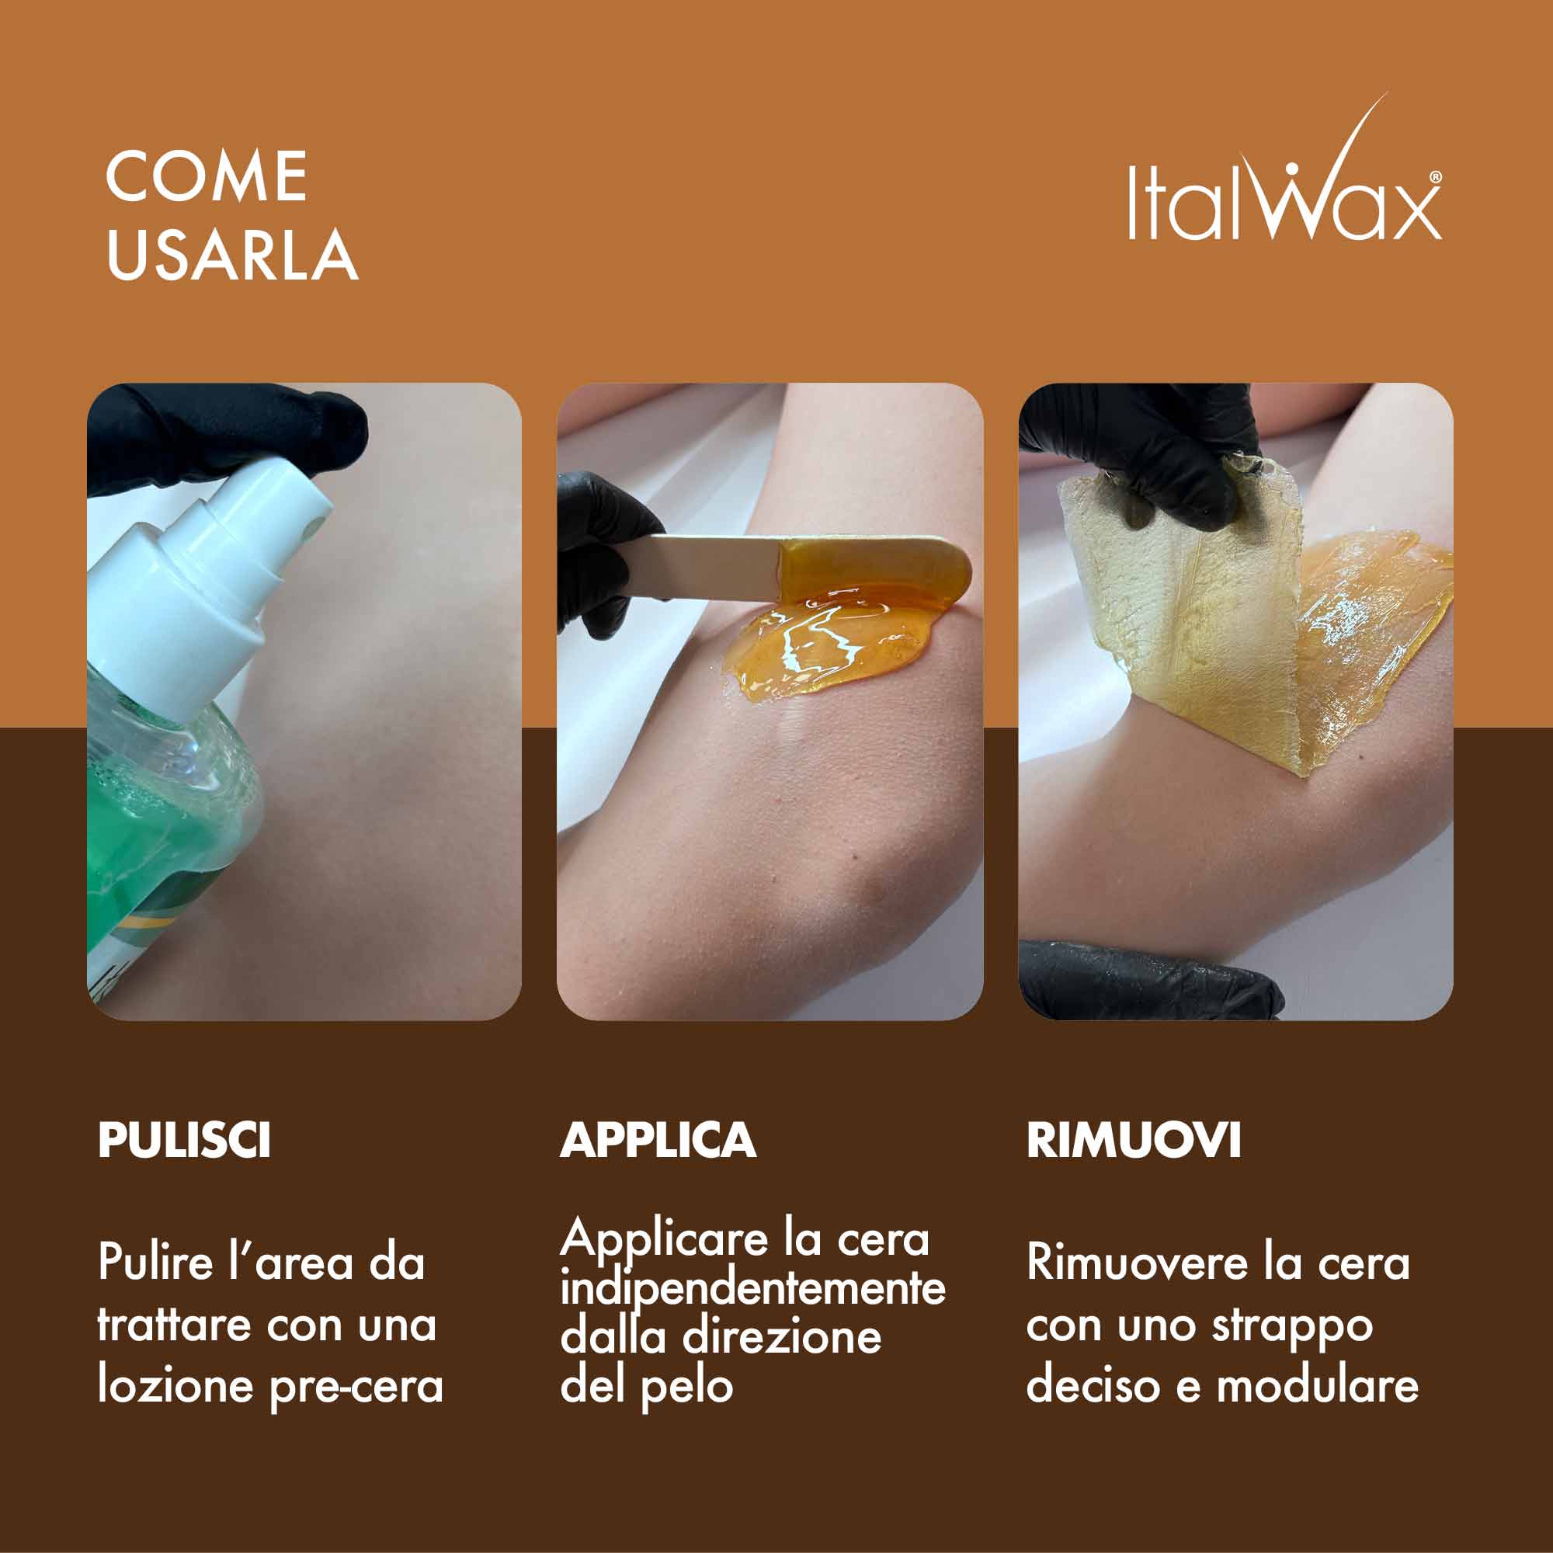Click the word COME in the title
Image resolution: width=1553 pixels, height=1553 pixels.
[x=207, y=177]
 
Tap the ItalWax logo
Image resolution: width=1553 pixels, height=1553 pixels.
[x=1284, y=172]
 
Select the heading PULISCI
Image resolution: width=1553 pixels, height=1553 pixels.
[x=184, y=1139]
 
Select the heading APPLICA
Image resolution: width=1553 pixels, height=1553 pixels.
[x=658, y=1139]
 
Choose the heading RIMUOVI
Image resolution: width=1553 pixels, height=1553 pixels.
[x=1134, y=1139]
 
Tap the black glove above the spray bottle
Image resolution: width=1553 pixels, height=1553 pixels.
[x=233, y=438]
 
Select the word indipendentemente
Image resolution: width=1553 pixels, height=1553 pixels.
[x=752, y=1290]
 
